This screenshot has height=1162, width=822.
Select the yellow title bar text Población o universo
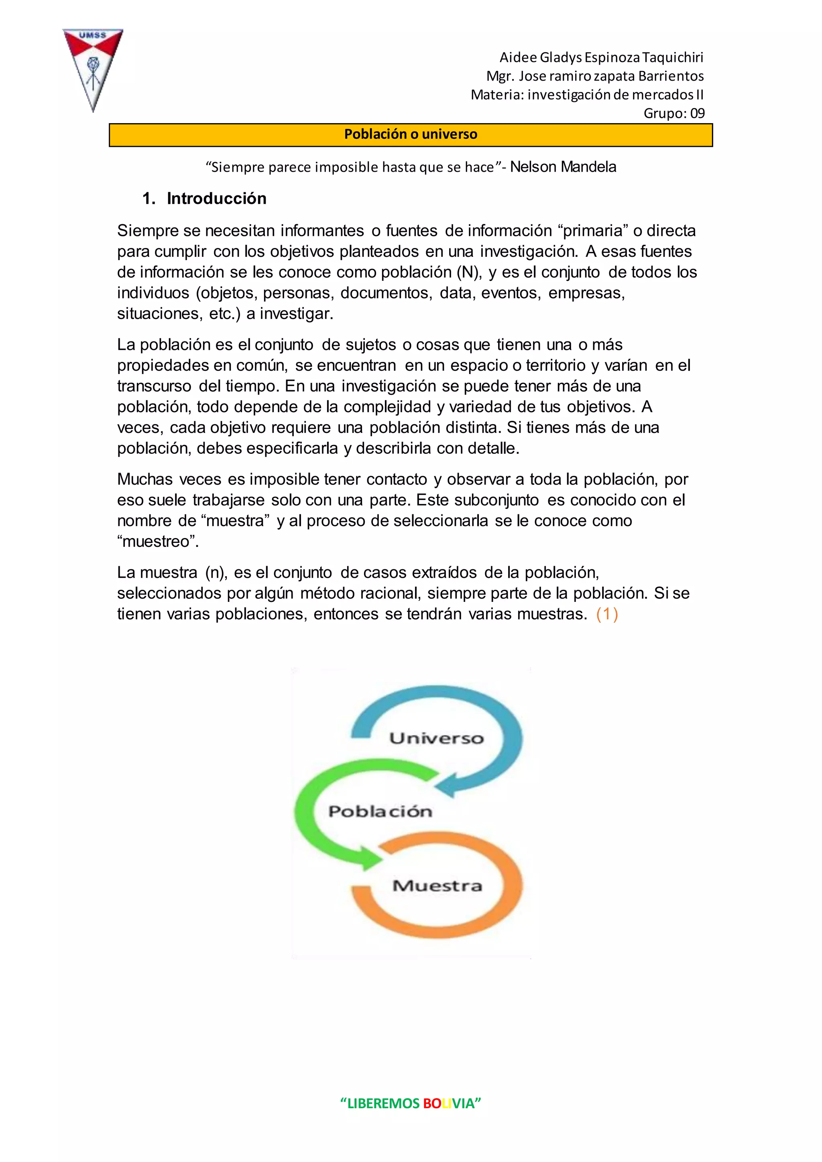coord(411,134)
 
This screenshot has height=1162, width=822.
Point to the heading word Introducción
coord(217,198)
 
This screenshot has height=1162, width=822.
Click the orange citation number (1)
coord(607,614)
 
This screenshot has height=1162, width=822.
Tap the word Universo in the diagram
coord(436,738)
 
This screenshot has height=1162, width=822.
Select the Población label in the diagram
coord(380,811)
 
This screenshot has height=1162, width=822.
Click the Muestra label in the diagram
coord(437,885)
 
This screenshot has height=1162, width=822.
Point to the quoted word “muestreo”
coord(158,542)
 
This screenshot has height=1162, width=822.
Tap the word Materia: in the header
coord(497,95)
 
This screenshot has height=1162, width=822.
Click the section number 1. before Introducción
coord(149,198)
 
